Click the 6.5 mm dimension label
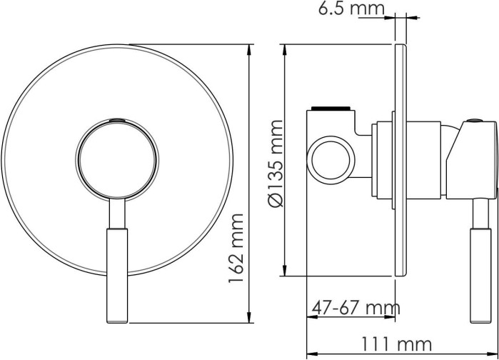[x=351, y=8]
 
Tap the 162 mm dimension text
[x=236, y=248]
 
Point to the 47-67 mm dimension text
[x=356, y=308]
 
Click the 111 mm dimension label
[x=396, y=344]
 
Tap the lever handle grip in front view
[x=117, y=276]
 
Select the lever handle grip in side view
[x=480, y=276]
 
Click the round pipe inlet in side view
[x=331, y=160]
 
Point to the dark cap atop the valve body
[x=331, y=109]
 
